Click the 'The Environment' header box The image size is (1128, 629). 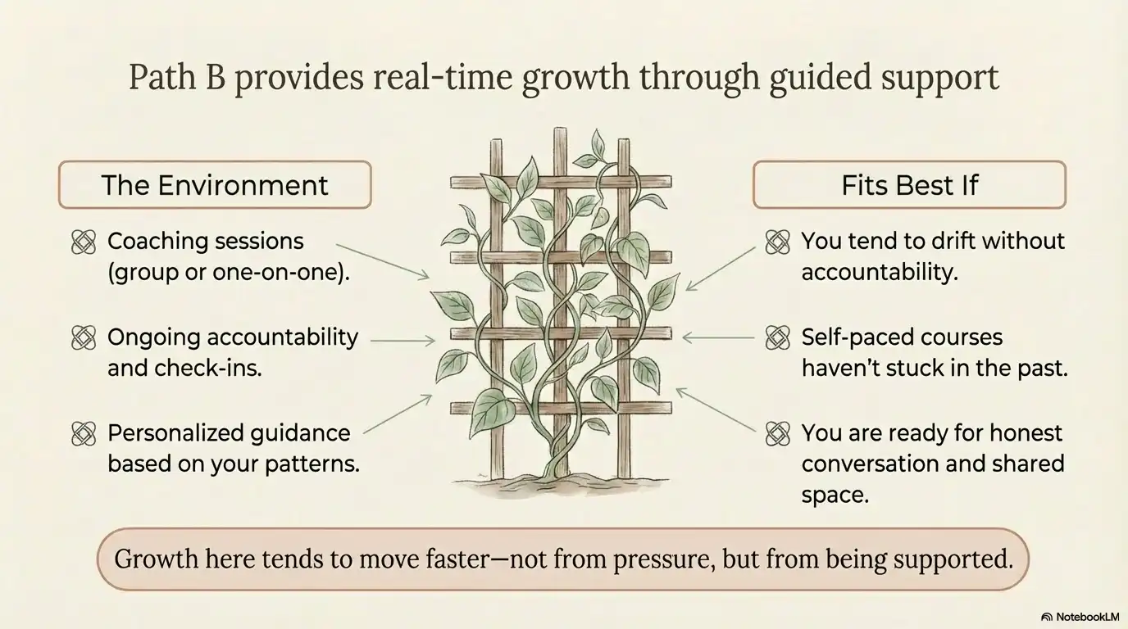(214, 184)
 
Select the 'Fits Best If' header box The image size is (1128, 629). (909, 184)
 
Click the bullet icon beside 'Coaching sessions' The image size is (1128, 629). (84, 242)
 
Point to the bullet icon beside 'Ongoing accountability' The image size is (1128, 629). (84, 337)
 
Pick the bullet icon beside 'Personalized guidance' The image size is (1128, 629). (84, 433)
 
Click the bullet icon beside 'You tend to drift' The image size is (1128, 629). (776, 242)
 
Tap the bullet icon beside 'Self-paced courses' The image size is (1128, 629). (776, 337)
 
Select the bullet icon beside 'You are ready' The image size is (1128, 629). (776, 433)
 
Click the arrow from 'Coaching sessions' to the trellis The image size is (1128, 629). (383, 261)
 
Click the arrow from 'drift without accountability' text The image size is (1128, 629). (721, 268)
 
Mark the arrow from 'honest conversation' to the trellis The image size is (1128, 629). (716, 410)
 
